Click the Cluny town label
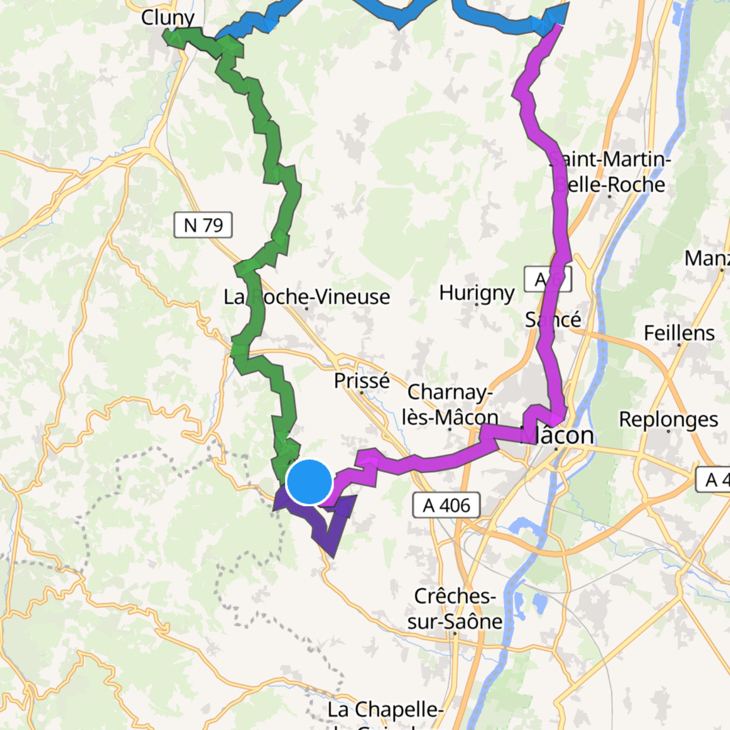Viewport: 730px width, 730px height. tap(168, 18)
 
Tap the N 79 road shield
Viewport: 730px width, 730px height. tap(203, 225)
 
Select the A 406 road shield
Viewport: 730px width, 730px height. tap(446, 505)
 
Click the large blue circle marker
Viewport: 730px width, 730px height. tap(309, 482)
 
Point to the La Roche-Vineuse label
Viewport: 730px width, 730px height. tap(307, 296)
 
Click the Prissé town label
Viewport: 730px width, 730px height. tap(362, 380)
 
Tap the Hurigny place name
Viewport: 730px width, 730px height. tap(477, 293)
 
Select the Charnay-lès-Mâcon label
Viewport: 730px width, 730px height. tap(449, 405)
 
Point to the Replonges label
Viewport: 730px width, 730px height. tap(668, 419)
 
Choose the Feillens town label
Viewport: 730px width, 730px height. tap(679, 333)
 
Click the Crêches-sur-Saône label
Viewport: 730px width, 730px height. tap(454, 609)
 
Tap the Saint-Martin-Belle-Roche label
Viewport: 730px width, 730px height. tap(610, 171)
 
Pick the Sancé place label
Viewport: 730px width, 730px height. tap(553, 320)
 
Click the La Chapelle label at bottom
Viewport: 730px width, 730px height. tap(385, 710)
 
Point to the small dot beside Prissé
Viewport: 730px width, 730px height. tap(361, 393)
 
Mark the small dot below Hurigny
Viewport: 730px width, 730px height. tap(477, 305)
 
